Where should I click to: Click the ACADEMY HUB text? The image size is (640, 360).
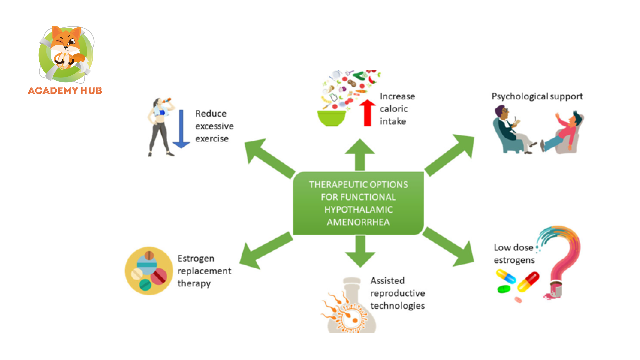[65, 91]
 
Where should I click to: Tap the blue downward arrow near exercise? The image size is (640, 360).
[181, 129]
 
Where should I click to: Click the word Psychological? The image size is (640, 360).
[520, 96]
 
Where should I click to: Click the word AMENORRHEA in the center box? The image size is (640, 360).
[358, 222]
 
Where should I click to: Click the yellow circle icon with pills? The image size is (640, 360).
[149, 271]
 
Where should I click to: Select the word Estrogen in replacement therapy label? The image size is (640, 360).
[196, 258]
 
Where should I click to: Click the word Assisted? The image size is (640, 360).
[387, 281]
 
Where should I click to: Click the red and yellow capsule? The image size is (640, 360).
[528, 282]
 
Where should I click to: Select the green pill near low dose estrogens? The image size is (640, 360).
[504, 289]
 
